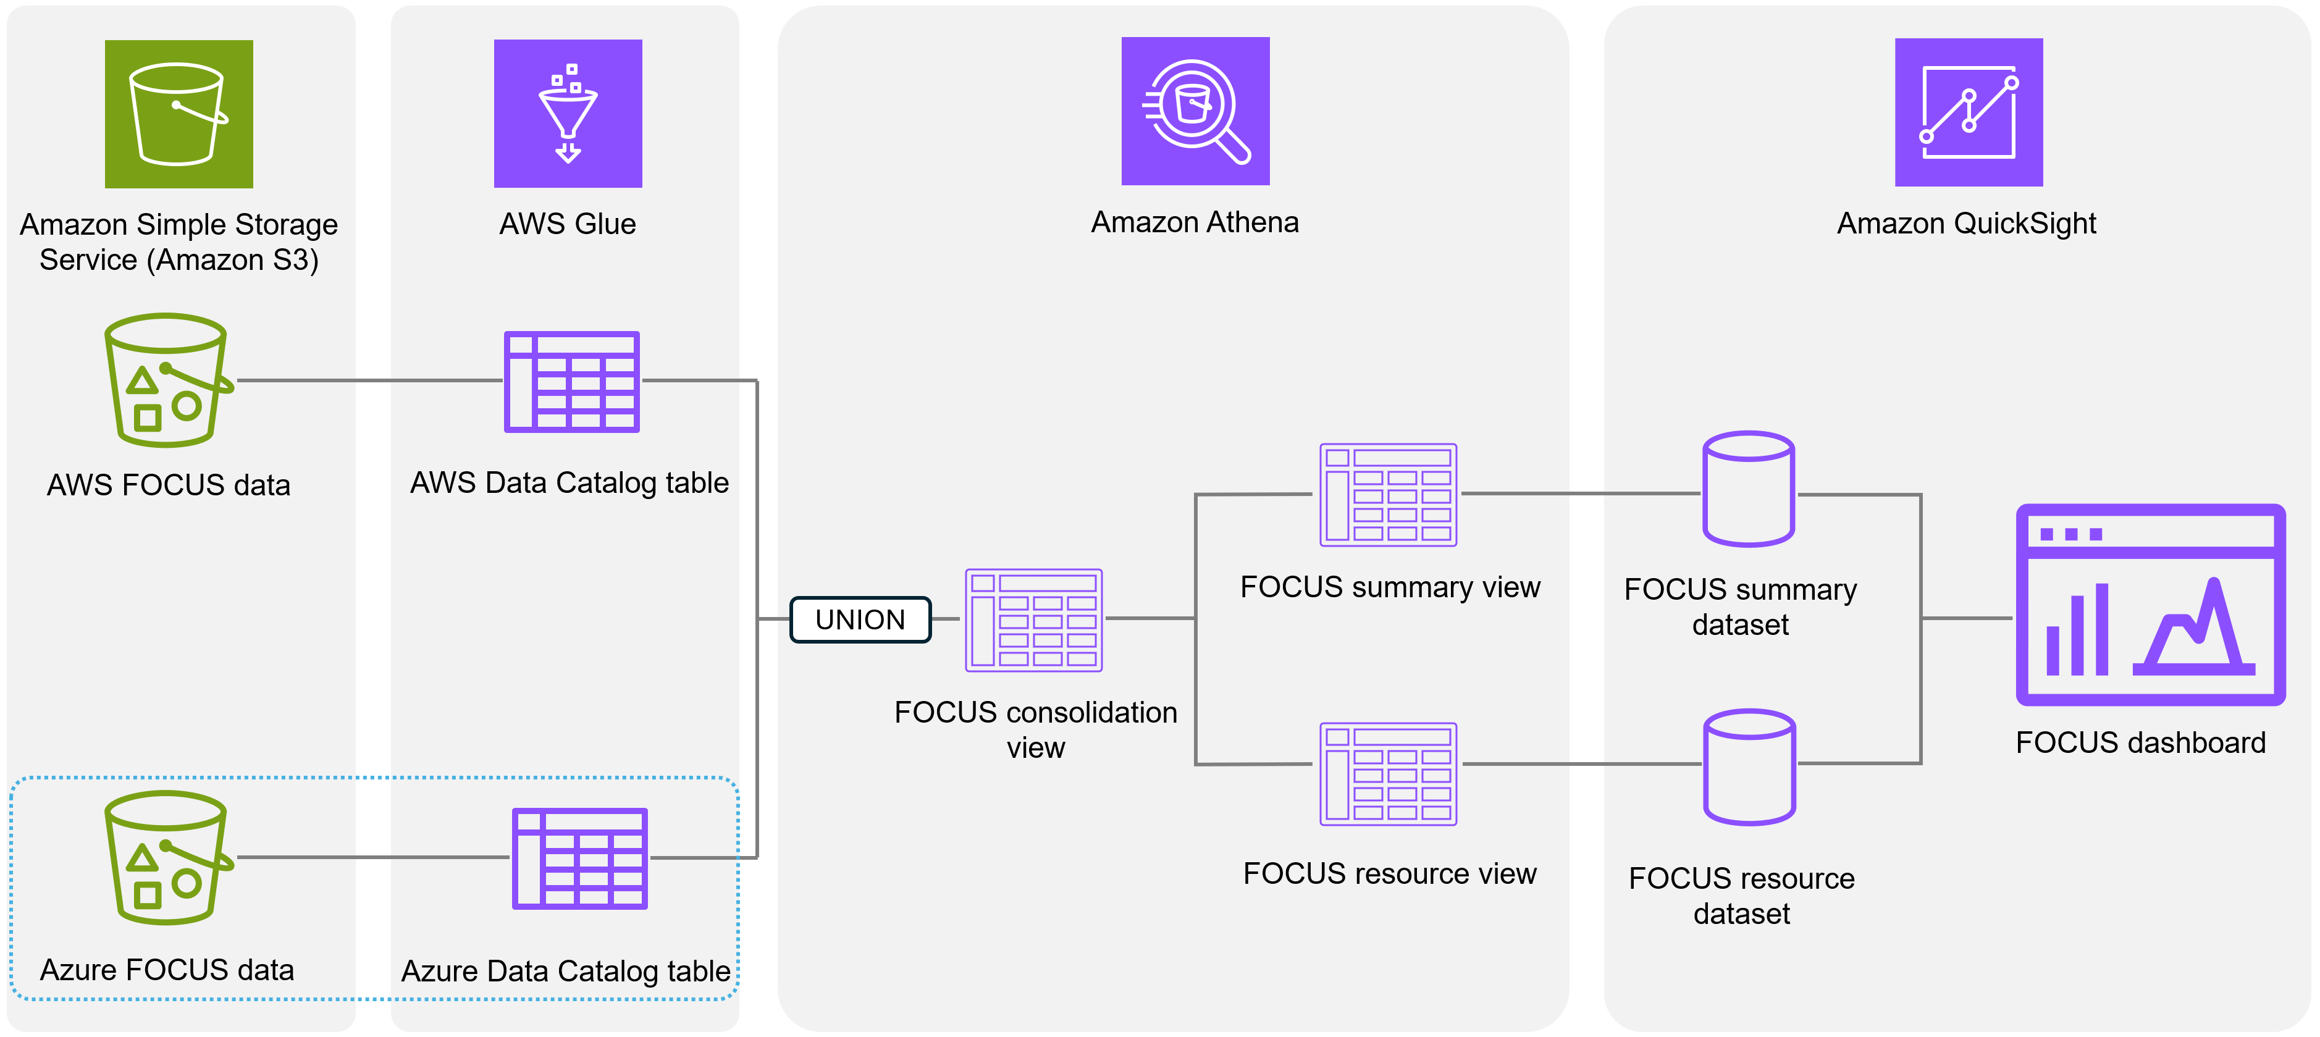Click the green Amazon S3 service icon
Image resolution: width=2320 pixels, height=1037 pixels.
coord(179,114)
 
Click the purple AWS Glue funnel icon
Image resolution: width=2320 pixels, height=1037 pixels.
coord(568,114)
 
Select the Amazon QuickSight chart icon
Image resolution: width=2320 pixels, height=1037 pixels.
coord(1968,112)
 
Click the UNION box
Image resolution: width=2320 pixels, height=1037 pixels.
coord(859,619)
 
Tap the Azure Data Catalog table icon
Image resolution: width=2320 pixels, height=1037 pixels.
coord(579,858)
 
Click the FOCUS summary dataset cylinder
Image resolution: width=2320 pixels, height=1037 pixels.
coord(1748,489)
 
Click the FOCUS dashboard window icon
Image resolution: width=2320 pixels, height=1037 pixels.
coord(2150,604)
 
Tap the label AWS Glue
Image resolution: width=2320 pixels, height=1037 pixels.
coord(568,223)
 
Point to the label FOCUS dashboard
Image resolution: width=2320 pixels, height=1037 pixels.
coord(2140,742)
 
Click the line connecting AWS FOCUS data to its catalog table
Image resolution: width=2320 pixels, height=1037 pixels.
coord(369,381)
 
